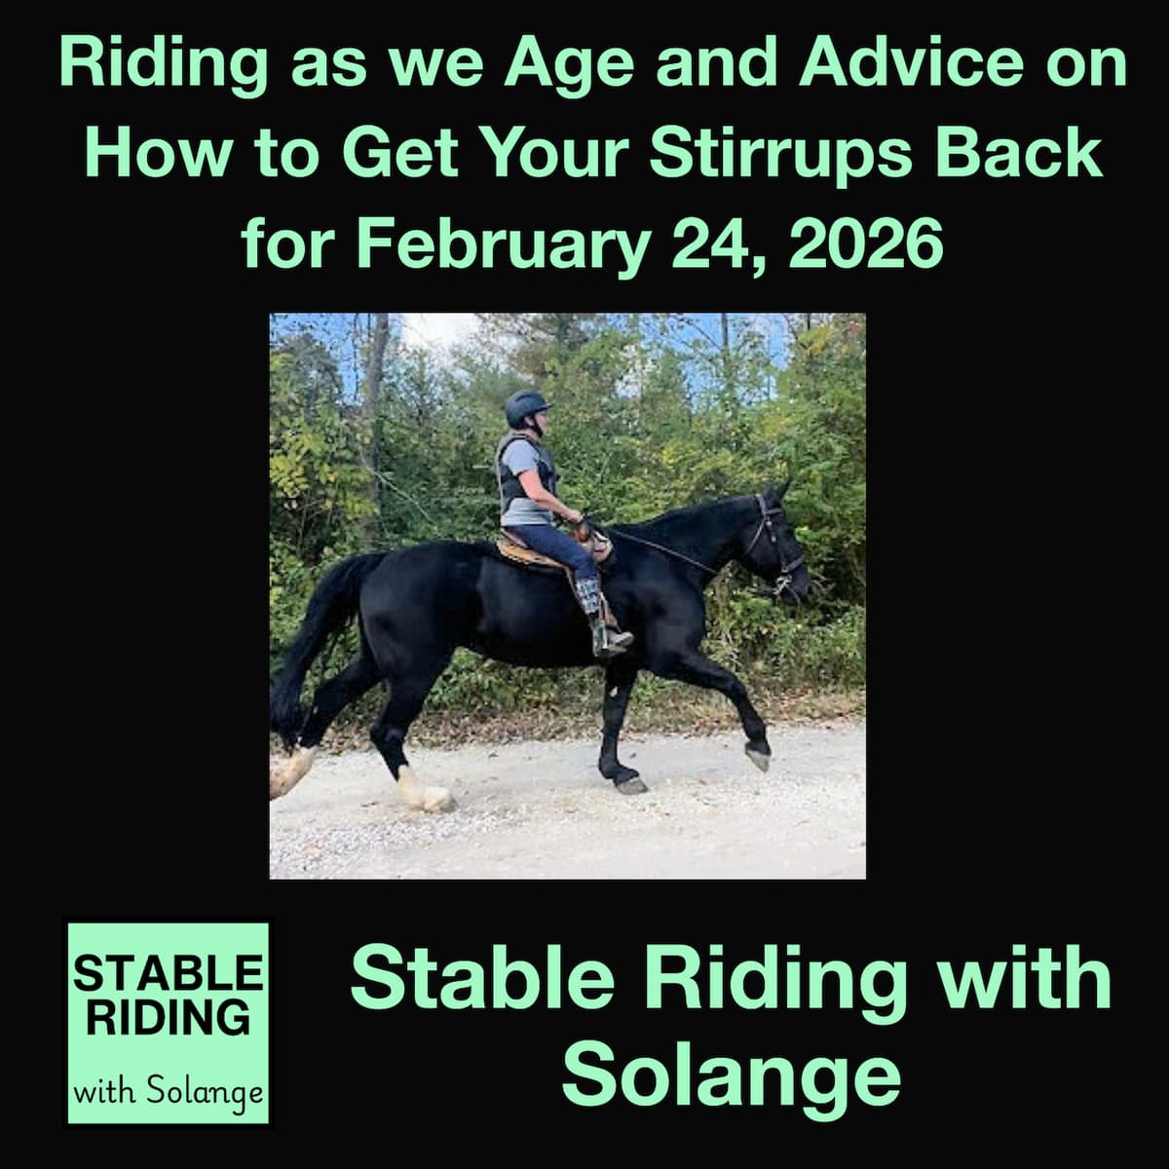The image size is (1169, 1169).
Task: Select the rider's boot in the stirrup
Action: tap(607, 633)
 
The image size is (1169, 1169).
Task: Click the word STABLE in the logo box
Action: tap(168, 973)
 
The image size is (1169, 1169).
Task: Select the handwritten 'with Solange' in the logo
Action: tap(169, 1089)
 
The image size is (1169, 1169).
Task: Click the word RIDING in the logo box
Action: tap(168, 1018)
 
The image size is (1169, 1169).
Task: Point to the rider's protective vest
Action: tap(524, 477)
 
